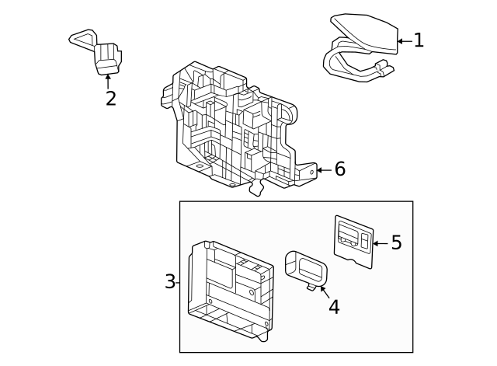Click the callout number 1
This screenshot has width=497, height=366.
419,40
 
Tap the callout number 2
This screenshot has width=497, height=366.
110,99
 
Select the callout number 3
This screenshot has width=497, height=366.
170,281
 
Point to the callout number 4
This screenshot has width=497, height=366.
334,307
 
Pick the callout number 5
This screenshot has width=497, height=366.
396,243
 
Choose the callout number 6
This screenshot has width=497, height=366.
339,169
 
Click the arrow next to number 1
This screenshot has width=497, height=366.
404,40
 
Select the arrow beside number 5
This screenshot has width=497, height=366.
379,243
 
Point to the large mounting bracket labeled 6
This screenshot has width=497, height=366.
233,128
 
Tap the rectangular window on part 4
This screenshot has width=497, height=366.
311,269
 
